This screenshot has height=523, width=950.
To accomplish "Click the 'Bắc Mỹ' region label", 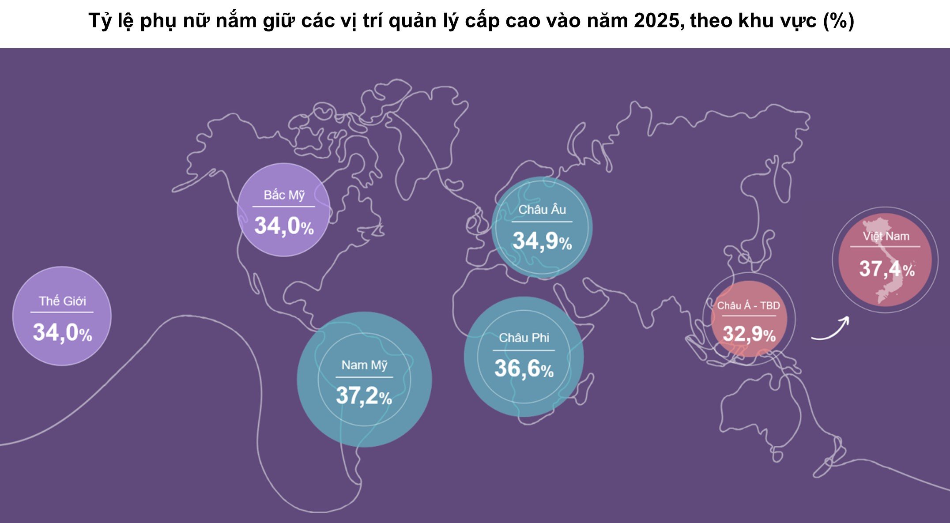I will click(284, 195).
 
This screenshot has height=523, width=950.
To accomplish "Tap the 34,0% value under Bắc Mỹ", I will click(284, 226).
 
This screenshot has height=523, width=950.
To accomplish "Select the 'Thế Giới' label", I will click(62, 301).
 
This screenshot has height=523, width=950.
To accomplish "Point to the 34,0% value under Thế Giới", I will click(62, 332).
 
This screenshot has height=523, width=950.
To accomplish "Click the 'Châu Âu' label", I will click(542, 210).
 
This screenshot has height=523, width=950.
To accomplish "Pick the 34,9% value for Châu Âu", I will click(542, 241).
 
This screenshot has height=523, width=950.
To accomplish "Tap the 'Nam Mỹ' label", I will click(364, 365).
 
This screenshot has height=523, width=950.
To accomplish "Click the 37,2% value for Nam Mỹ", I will click(364, 395).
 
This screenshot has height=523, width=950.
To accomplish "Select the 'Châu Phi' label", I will click(524, 338).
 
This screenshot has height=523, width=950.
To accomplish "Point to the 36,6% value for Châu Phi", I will click(524, 369).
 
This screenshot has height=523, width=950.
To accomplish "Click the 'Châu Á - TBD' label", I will click(748, 305).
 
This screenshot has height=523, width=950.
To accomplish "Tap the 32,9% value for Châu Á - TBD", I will click(749, 334).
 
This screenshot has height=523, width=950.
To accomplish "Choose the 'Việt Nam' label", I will click(886, 236).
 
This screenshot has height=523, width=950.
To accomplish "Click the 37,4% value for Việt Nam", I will click(886, 269).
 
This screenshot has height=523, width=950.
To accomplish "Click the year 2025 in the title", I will click(659, 21).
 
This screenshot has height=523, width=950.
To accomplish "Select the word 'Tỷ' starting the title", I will click(100, 21).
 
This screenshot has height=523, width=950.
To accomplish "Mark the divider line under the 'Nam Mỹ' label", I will click(364, 377).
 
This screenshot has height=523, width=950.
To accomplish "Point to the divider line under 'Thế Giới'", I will click(62, 312).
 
